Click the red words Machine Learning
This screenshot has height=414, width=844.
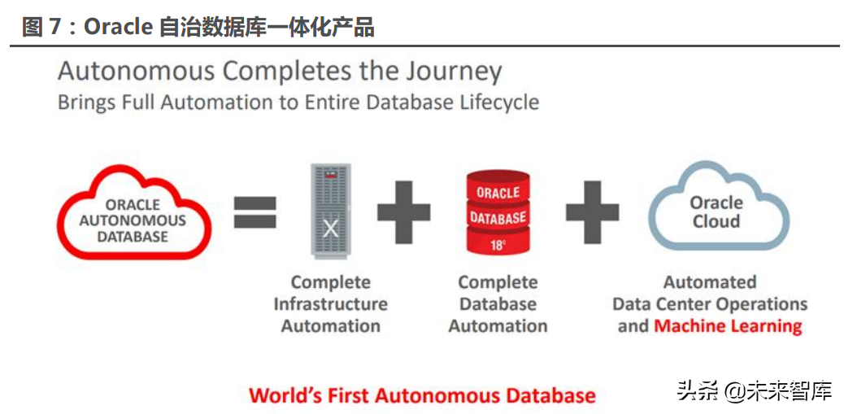[728, 326]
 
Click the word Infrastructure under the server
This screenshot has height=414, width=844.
[330, 304]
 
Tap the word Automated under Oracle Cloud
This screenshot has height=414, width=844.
[710, 282]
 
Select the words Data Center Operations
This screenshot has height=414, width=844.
[710, 304]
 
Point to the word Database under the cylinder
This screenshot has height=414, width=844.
[498, 304]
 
